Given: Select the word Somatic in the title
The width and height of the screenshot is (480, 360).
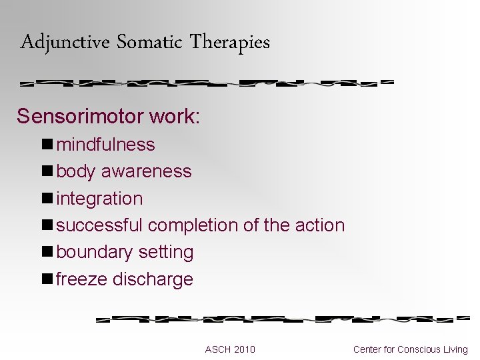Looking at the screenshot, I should [x=149, y=43].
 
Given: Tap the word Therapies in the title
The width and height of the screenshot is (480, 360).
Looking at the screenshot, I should [x=229, y=43].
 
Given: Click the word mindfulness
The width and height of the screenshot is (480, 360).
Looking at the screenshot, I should [x=105, y=145].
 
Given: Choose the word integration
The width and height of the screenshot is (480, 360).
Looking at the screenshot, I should [x=99, y=199].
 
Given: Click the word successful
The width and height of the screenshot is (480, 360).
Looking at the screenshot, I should [x=99, y=225].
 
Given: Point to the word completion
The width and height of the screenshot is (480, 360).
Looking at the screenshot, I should [x=193, y=225].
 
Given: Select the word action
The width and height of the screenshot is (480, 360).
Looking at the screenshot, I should [x=319, y=225].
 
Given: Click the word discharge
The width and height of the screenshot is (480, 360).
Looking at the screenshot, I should [x=153, y=279].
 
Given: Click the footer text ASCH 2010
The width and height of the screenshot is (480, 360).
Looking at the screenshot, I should [x=230, y=349].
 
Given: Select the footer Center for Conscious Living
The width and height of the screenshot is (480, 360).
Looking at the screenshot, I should [x=410, y=349].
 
